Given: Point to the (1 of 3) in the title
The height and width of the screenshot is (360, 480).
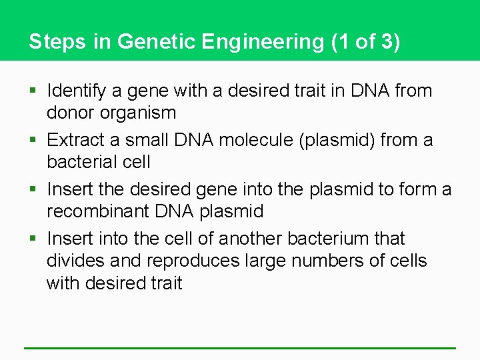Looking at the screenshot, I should pos(366,41).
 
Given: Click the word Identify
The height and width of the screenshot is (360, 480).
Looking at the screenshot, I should pos(75,91).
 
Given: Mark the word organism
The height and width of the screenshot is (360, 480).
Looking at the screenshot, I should pos(140,113).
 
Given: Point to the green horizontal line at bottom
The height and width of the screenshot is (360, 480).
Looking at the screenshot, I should pos(240,347).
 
